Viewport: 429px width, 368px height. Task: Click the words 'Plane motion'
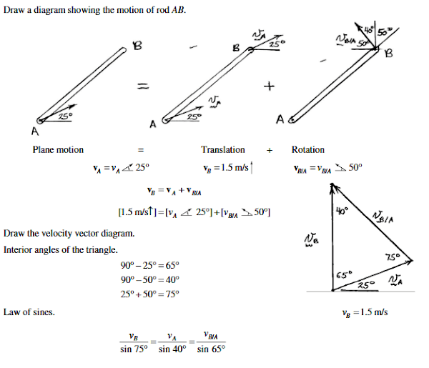click(x=58, y=150)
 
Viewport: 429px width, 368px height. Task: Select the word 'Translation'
click(x=223, y=150)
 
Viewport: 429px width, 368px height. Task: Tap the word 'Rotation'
click(x=307, y=150)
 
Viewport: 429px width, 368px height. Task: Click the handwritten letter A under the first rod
click(x=34, y=131)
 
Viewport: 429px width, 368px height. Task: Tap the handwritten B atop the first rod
click(x=138, y=48)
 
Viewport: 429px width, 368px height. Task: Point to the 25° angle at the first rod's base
click(x=63, y=115)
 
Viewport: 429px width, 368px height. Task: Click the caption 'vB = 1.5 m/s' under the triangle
click(x=365, y=312)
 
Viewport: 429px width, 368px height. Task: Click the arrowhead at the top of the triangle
click(x=332, y=187)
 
